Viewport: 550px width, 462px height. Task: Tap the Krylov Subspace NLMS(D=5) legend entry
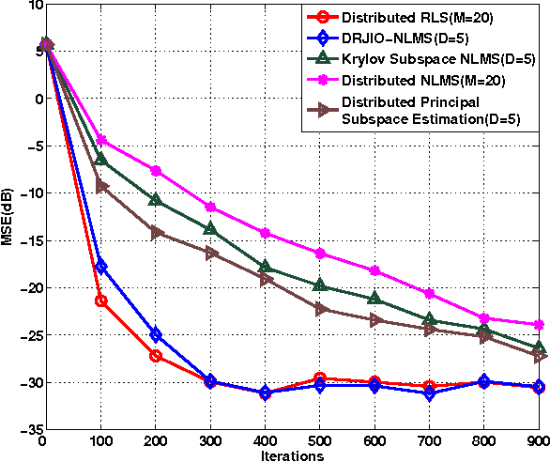click(x=438, y=59)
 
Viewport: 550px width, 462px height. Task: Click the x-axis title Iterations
click(x=293, y=455)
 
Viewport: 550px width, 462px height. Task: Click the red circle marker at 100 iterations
click(x=100, y=300)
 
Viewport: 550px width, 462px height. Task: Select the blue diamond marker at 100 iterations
click(x=100, y=267)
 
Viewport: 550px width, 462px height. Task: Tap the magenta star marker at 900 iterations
click(x=540, y=325)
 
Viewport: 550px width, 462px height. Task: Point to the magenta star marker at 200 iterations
click(x=156, y=171)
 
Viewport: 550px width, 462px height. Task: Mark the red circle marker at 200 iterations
click(x=156, y=356)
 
